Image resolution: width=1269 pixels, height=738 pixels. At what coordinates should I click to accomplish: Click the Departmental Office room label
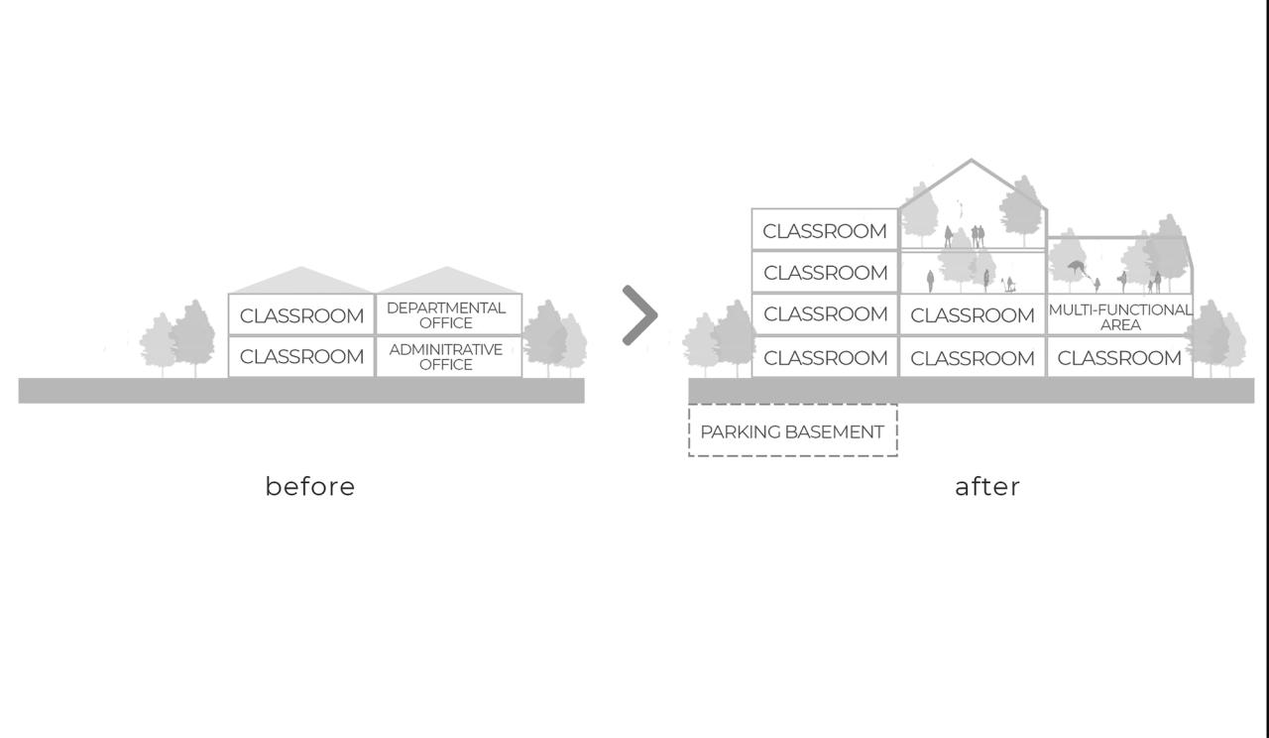coord(446,314)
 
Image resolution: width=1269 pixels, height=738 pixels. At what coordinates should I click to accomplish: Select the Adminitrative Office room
coord(446,356)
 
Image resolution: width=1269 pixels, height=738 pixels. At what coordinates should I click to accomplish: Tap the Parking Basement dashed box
coord(792,431)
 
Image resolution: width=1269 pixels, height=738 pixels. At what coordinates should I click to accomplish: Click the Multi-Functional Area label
coord(1119,316)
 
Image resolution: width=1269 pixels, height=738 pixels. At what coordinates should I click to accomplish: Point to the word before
coord(310,486)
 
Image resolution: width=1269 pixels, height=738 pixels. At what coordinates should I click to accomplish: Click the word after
coord(987,486)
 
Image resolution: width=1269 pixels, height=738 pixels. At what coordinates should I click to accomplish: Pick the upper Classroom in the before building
coord(301,315)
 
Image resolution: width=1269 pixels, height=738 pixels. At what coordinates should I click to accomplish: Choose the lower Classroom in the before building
coord(301,356)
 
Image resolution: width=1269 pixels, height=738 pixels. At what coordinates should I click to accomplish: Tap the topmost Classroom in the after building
coord(825,230)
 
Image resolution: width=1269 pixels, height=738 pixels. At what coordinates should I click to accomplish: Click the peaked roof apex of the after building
coord(971,162)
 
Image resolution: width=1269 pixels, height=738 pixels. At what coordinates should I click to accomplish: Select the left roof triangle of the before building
coord(301,281)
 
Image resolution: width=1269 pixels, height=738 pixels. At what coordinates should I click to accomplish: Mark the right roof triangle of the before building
coord(447,281)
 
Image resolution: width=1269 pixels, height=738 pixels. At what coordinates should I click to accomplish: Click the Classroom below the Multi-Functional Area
coord(1119,357)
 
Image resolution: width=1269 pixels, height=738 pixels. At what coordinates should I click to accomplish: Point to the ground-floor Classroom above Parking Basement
coord(825,357)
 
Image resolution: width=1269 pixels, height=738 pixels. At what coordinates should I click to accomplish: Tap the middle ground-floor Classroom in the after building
coord(972,357)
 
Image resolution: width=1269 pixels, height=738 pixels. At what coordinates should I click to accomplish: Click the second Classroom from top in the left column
coord(825,272)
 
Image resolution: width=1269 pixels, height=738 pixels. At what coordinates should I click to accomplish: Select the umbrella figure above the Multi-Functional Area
coord(1077,268)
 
